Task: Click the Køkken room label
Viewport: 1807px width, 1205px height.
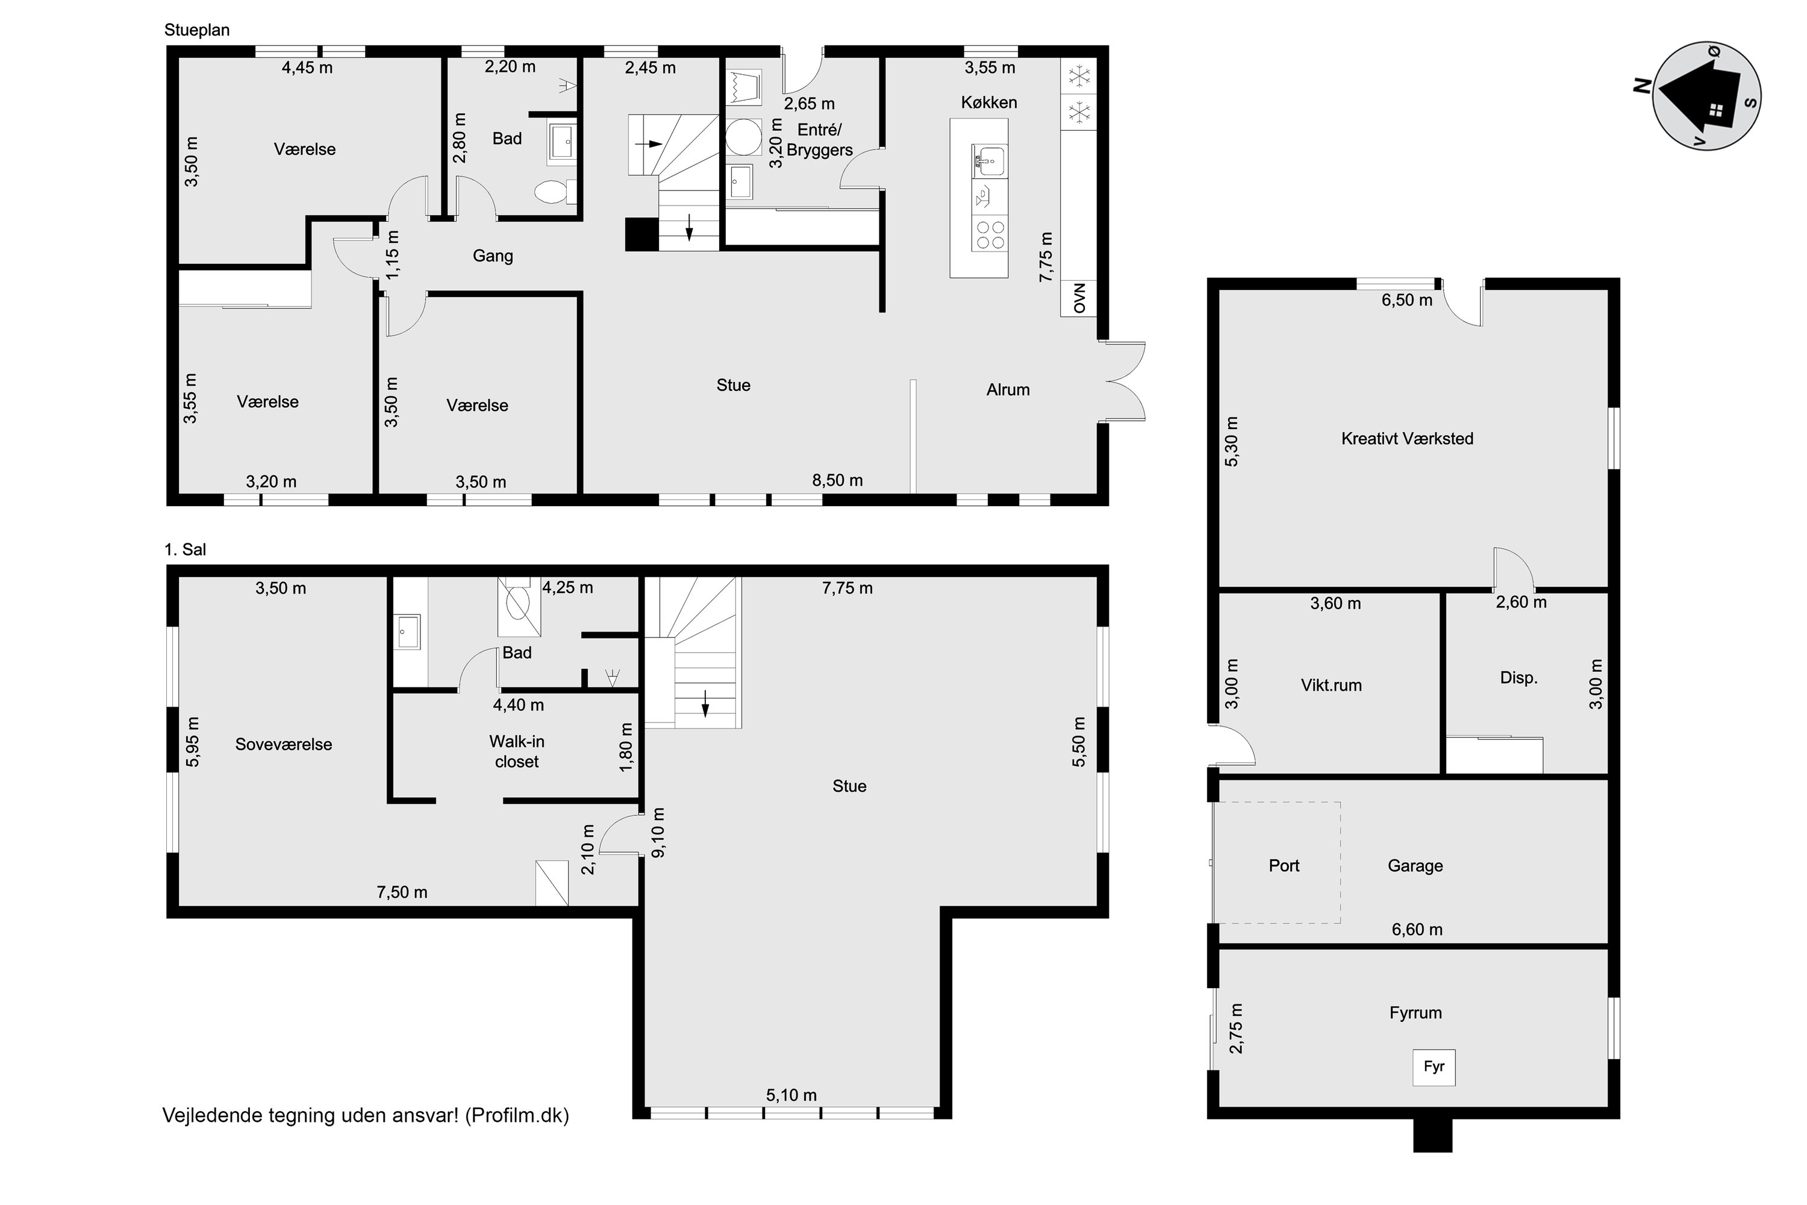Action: (x=989, y=102)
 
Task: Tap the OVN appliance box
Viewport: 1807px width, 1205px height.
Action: (x=1079, y=298)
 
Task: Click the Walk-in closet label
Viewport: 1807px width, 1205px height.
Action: (x=517, y=751)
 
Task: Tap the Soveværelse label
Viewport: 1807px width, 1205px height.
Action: (x=284, y=744)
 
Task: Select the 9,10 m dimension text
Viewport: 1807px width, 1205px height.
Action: (x=658, y=832)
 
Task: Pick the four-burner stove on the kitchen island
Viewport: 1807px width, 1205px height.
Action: (x=989, y=234)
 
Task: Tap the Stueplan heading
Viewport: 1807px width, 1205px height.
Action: (x=197, y=30)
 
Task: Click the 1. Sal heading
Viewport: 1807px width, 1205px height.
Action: (x=185, y=549)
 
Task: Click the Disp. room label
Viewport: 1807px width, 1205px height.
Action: (x=1519, y=678)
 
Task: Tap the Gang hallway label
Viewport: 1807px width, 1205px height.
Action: (x=493, y=256)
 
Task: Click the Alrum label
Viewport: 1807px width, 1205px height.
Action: (x=1008, y=390)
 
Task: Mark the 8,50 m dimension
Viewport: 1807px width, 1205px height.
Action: (x=837, y=480)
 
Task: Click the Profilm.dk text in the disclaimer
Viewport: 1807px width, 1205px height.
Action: (x=517, y=1115)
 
